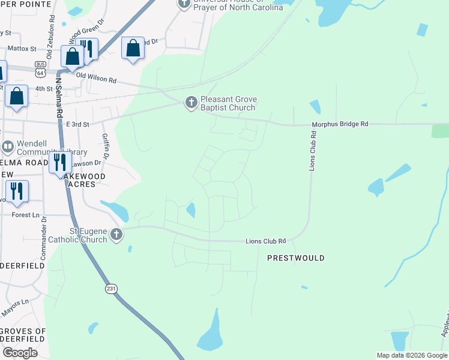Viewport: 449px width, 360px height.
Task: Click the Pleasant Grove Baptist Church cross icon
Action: (191, 103)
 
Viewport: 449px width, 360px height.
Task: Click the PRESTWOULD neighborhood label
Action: (296, 258)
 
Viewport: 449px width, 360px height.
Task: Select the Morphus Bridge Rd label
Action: (339, 124)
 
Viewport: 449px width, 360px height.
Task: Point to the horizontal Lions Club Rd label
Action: (265, 241)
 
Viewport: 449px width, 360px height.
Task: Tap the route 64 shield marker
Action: (41, 73)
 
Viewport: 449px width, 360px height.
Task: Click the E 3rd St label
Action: (77, 124)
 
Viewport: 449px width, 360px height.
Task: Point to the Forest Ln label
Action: (25, 215)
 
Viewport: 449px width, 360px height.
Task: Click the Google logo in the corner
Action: (19, 353)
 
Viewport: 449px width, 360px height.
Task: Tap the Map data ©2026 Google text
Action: (412, 355)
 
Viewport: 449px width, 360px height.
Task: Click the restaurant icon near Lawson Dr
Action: (61, 162)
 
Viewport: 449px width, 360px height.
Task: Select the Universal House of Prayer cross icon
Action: (184, 4)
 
